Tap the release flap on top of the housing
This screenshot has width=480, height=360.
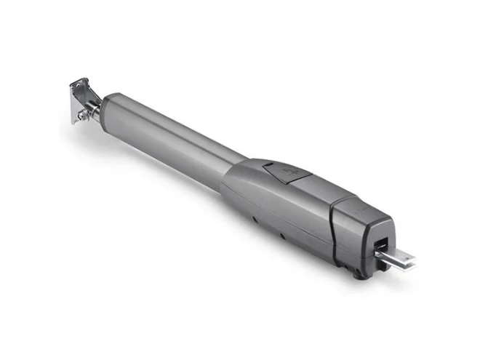click(286, 172)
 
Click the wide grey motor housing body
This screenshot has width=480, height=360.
click(284, 200)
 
